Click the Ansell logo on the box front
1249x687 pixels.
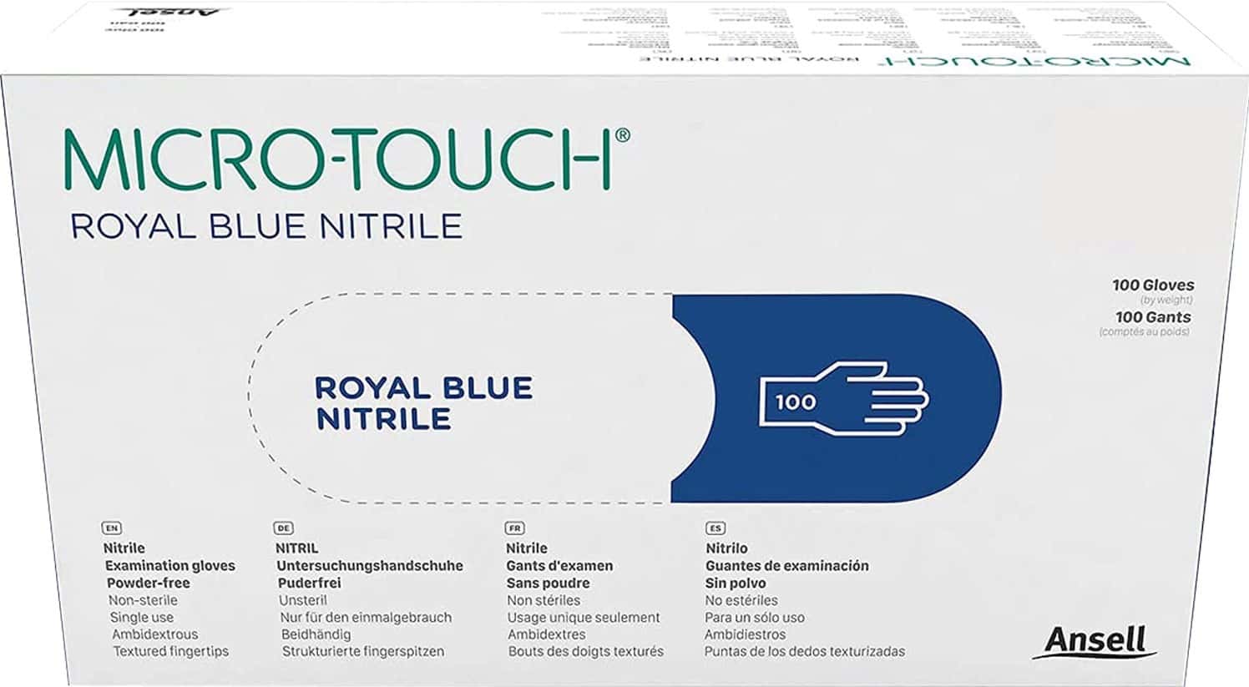tap(1095, 640)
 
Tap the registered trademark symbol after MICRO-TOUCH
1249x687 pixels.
tap(622, 135)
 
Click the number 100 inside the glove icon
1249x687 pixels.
tap(795, 402)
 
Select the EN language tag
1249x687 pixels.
tap(111, 528)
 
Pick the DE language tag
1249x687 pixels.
tap(283, 528)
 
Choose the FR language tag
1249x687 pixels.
tap(514, 528)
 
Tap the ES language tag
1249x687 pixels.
tap(715, 528)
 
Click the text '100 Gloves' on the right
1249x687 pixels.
tap(1152, 285)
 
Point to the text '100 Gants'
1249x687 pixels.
tap(1152, 317)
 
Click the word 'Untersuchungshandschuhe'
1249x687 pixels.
tap(370, 566)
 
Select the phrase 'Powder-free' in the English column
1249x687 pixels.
tap(149, 583)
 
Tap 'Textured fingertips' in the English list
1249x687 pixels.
tap(170, 651)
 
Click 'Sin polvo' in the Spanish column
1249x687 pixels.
tap(735, 583)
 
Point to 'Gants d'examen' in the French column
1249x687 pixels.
tap(559, 566)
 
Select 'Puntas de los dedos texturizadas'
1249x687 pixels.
tap(804, 651)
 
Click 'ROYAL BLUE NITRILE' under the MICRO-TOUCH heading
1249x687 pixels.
tap(266, 226)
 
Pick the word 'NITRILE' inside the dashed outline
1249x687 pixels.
tap(383, 419)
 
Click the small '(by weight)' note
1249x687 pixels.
tap(1166, 301)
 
